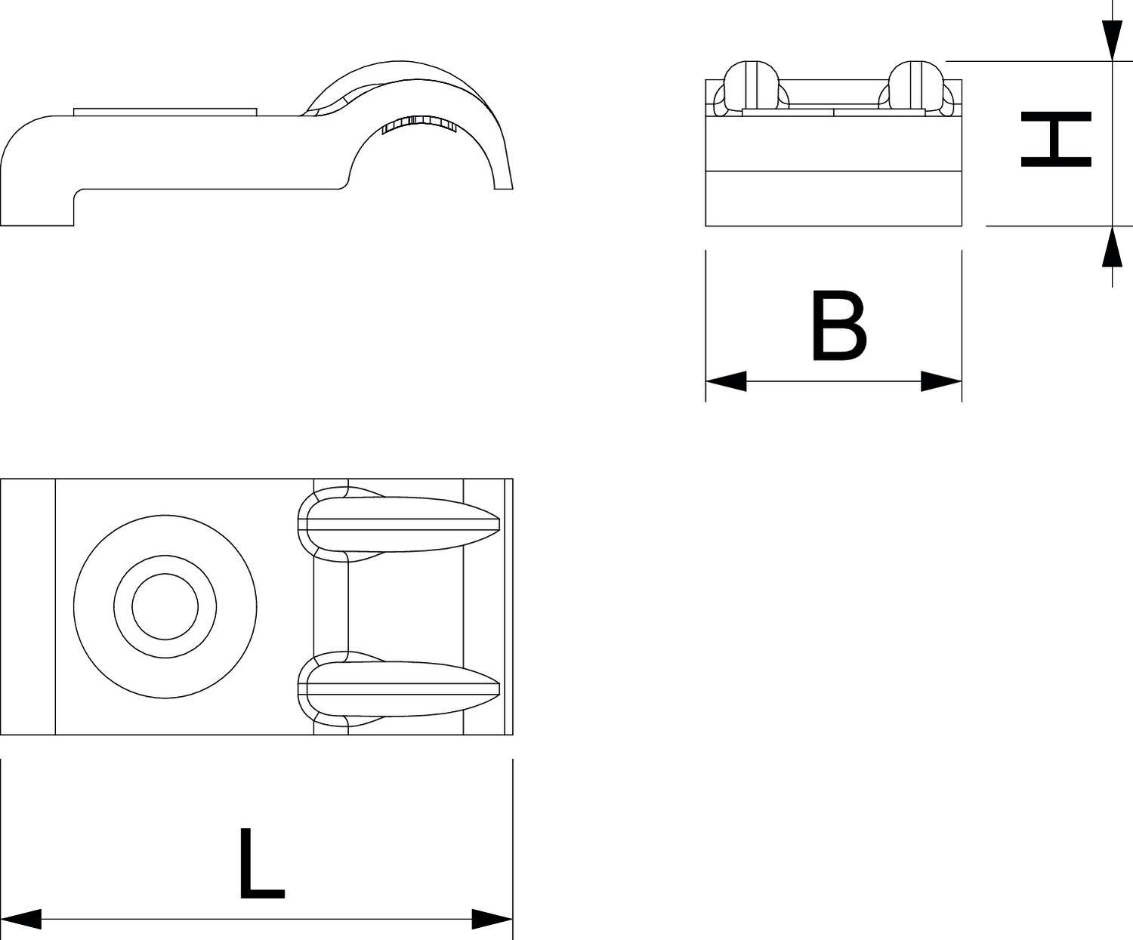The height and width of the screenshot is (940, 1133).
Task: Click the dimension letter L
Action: [x=261, y=864]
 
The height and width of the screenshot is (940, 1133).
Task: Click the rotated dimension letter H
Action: [x=1056, y=139]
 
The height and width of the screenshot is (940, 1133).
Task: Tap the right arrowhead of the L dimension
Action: [x=492, y=919]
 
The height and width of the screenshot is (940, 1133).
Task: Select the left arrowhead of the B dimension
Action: [x=725, y=381]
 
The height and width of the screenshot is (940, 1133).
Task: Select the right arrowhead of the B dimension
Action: [x=942, y=381]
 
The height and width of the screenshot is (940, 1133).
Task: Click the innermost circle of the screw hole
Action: [x=165, y=606]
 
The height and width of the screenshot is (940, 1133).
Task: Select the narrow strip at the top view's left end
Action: [x=28, y=606]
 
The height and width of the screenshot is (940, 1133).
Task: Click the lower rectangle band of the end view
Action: [x=833, y=199]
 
